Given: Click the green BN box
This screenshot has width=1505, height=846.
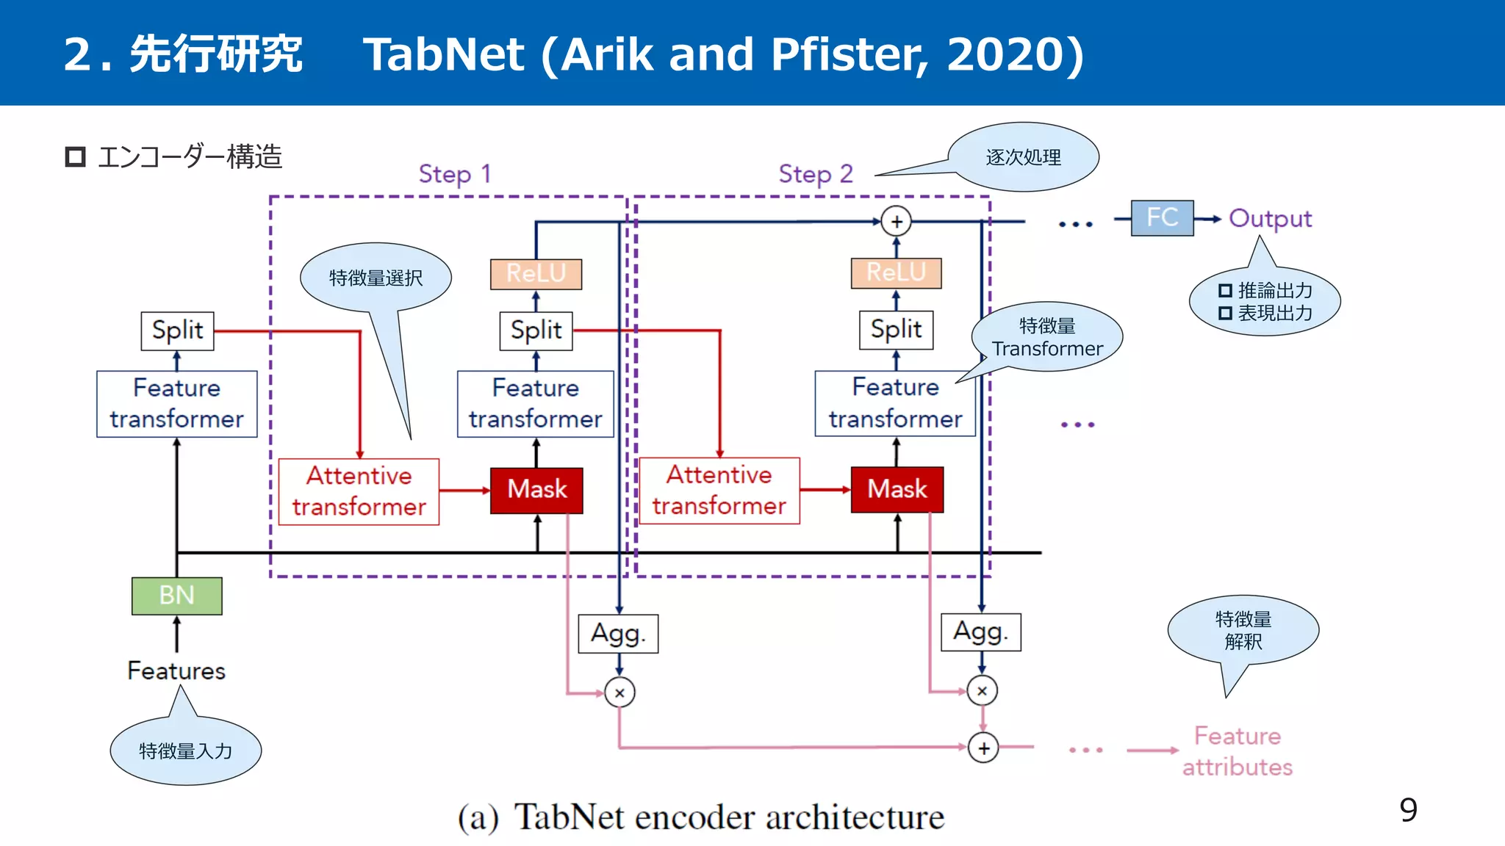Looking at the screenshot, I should coord(176,595).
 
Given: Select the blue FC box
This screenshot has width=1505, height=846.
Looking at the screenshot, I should coord(1162,217).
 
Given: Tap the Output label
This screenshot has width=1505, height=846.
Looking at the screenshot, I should coord(1270,219).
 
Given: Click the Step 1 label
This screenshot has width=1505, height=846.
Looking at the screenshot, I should coord(454,174).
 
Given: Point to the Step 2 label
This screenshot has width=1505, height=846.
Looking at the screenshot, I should coord(816,174).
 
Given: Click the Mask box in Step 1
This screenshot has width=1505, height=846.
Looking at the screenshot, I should coord(536,490).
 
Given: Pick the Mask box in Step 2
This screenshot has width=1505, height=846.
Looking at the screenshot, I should coord(897,489).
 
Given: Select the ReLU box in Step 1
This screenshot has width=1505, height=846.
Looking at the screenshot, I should coord(536,274).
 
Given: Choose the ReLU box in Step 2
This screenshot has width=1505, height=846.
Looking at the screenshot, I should coord(896,272).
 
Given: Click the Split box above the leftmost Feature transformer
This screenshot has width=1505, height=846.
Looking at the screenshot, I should coord(177,330).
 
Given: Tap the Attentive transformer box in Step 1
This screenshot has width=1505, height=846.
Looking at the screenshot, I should coord(359,491).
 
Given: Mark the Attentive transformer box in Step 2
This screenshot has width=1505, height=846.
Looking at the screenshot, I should coord(719,491).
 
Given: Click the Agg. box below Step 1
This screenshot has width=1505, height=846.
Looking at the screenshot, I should coord(618,633).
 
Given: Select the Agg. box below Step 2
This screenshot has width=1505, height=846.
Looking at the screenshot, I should coord(980,632).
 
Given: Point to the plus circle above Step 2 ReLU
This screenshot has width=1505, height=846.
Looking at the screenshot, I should coord(896,221).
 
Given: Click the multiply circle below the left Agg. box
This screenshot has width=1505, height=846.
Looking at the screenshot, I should coord(619,693).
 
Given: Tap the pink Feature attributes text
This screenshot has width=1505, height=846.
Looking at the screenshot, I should coord(1238,751).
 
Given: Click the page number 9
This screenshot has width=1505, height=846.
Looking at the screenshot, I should coord(1408,810).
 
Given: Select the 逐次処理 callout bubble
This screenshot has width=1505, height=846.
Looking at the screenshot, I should coord(1023,157).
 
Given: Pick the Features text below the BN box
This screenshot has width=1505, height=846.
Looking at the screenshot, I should coord(176,670).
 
